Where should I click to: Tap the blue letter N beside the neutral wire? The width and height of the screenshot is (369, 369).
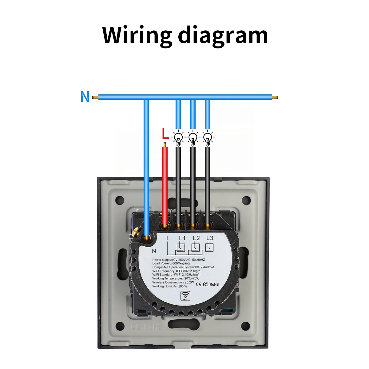(85, 97)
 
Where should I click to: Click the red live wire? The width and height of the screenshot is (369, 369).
(165, 184)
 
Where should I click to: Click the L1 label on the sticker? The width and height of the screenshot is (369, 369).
(182, 238)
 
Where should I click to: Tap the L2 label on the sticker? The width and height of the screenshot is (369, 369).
(196, 238)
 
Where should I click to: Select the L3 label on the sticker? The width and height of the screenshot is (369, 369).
(210, 238)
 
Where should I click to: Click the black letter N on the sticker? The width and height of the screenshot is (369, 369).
(154, 251)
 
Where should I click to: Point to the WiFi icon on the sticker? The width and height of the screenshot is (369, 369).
(185, 296)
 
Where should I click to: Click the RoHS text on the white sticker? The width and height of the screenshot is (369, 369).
(214, 284)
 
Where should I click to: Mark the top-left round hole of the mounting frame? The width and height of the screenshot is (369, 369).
(120, 201)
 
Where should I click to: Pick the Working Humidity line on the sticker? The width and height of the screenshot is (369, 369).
(169, 286)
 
